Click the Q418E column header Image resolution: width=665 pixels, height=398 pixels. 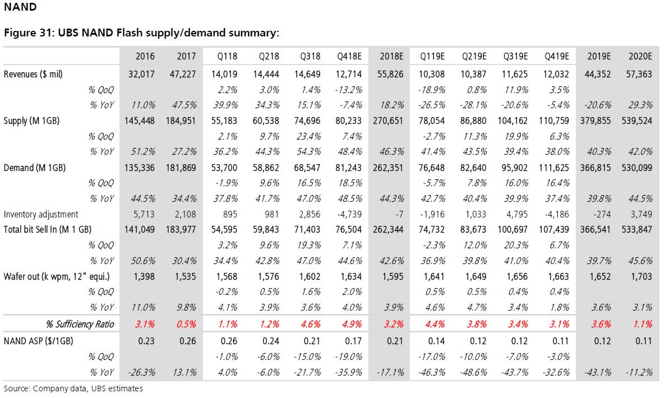tap(349, 57)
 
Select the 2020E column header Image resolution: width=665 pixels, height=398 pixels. tap(640, 57)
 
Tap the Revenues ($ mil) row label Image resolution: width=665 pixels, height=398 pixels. tap(33, 75)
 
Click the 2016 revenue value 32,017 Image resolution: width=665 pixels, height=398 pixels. tap(142, 74)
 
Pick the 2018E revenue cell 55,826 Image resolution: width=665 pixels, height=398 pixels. tap(391, 74)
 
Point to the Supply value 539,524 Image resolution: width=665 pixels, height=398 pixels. tap(637, 121)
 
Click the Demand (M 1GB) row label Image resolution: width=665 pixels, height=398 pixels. tap(35, 168)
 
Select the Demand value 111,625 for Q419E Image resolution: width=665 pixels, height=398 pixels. tap(554, 168)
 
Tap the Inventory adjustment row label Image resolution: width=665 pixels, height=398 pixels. tap(41, 215)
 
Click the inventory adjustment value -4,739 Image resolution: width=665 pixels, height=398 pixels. tap(349, 215)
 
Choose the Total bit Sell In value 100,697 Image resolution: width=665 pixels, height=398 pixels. tap(512, 230)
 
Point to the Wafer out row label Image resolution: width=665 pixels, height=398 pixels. tap(57, 277)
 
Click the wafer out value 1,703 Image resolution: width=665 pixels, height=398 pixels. tap(641, 277)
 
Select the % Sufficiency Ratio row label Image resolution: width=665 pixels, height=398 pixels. tap(80, 324)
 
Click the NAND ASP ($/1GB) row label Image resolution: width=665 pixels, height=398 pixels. tap(39, 341)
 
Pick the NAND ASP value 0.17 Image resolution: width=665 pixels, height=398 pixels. tap(353, 341)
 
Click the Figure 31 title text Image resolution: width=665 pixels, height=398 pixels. tap(142, 33)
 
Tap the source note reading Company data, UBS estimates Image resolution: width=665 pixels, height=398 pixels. tap(88, 388)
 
